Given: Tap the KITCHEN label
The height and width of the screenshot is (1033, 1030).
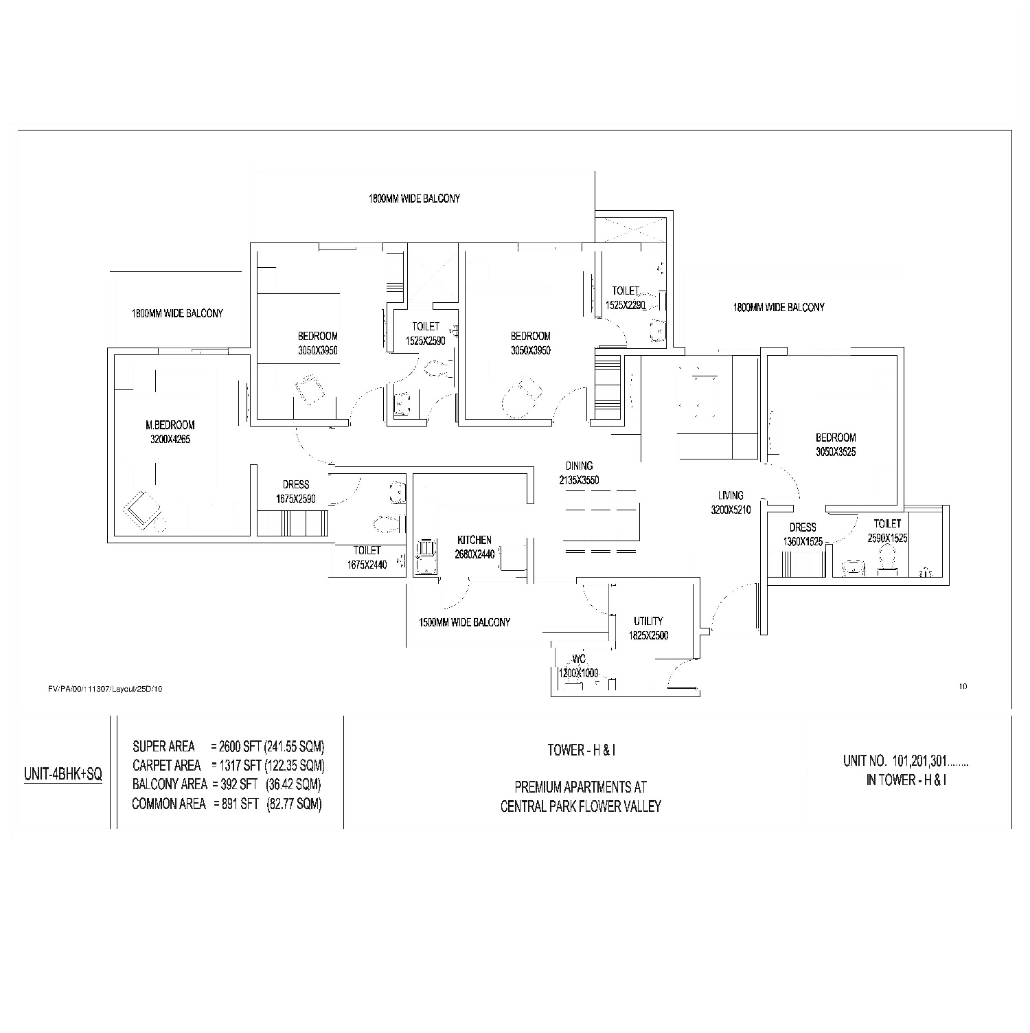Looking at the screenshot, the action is [x=474, y=541].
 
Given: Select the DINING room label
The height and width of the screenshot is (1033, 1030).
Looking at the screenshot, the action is [x=579, y=466].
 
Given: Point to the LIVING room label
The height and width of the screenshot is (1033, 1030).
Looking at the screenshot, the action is [x=731, y=495].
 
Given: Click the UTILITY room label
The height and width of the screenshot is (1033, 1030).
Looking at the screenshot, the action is [x=648, y=621].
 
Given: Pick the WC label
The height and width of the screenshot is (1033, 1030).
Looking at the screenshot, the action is [x=578, y=660].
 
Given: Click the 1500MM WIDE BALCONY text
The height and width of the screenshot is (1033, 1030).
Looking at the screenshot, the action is [x=465, y=622].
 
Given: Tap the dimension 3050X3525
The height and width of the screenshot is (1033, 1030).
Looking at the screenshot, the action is [x=836, y=452].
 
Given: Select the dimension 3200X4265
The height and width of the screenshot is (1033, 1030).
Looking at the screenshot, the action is [x=170, y=440].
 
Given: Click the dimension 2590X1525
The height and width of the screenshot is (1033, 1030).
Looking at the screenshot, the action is [x=887, y=538].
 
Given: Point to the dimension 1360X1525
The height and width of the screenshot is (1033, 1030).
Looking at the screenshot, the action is [x=803, y=542].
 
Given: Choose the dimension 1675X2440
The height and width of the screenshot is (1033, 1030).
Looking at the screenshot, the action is [x=367, y=565].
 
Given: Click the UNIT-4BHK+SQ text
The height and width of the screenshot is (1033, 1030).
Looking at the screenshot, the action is [x=63, y=775].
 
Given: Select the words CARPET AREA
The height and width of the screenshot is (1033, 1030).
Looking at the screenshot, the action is [x=167, y=765].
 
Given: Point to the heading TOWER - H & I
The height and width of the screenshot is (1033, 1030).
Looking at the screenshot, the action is [x=581, y=750].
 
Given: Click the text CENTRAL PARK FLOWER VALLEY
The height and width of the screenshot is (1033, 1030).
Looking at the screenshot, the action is [x=581, y=806].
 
